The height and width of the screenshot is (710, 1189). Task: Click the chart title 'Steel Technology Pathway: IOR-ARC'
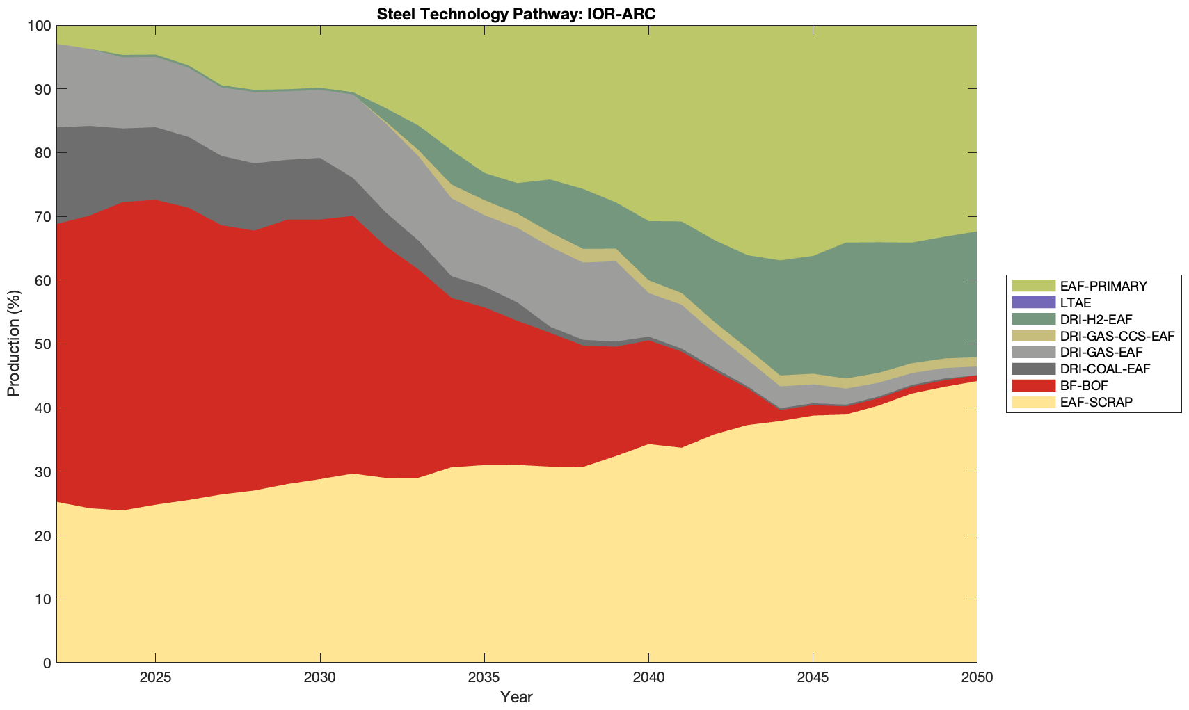point(516,14)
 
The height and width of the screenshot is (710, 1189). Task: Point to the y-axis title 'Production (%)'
point(13,344)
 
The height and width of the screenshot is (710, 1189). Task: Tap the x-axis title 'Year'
point(516,697)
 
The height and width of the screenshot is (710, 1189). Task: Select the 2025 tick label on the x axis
point(155,678)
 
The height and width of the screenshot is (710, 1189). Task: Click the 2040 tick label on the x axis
point(648,678)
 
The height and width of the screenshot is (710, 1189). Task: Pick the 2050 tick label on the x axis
point(977,678)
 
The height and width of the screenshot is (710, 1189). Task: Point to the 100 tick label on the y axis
point(39,26)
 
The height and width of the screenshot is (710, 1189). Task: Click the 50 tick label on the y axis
point(42,344)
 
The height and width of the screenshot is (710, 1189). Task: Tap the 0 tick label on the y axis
point(47,663)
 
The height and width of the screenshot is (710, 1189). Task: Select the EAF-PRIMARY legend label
point(1103,286)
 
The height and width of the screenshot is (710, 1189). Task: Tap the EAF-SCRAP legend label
point(1096,402)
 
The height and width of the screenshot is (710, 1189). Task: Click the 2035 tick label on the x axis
point(484,678)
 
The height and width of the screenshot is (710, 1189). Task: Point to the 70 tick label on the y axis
point(42,217)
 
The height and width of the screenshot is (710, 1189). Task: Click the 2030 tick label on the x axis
point(319,678)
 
